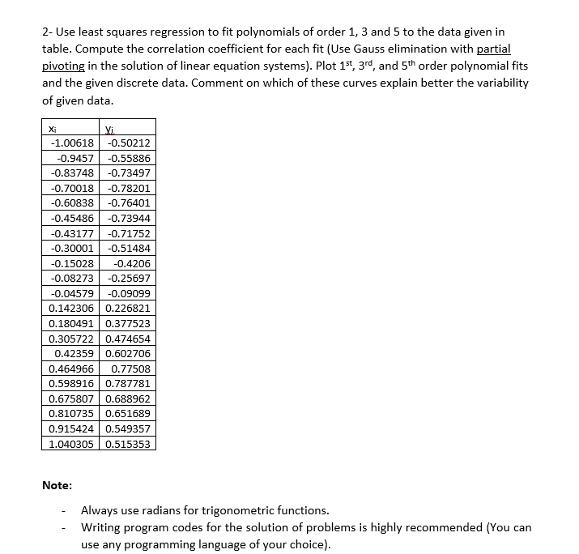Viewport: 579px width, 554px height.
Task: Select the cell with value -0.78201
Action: coord(128,188)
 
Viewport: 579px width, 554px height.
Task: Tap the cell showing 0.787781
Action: coord(128,383)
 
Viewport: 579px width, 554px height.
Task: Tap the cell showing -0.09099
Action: coord(128,293)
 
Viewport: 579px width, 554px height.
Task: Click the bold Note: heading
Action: coord(57,486)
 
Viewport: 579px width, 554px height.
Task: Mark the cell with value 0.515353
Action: coord(128,444)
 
